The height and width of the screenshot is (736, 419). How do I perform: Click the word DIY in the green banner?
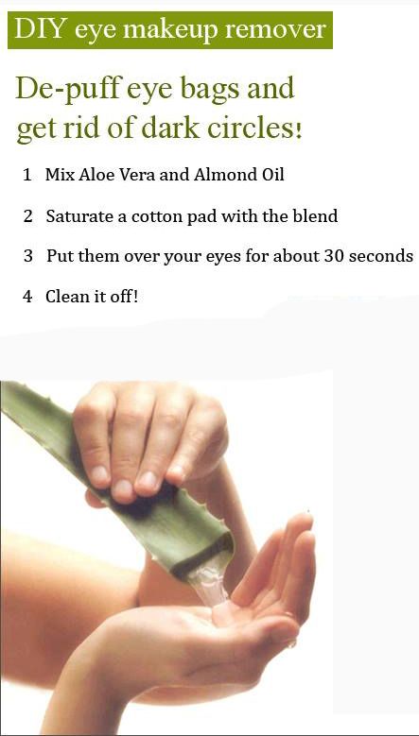pyautogui.click(x=41, y=29)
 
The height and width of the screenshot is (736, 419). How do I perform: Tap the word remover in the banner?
pyautogui.click(x=275, y=30)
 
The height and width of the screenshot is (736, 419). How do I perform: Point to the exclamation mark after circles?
pyautogui.click(x=299, y=130)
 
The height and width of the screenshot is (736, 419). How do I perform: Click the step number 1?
pyautogui.click(x=27, y=175)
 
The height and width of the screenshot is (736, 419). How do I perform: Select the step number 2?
pyautogui.click(x=28, y=216)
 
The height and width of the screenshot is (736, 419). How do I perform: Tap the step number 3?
pyautogui.click(x=28, y=256)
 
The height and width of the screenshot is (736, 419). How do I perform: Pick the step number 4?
pyautogui.click(x=27, y=297)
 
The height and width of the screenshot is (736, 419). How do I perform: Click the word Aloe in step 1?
pyautogui.click(x=94, y=175)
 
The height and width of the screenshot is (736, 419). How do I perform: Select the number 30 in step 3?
pyautogui.click(x=333, y=256)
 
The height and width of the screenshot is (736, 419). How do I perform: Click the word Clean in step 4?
pyautogui.click(x=65, y=297)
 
